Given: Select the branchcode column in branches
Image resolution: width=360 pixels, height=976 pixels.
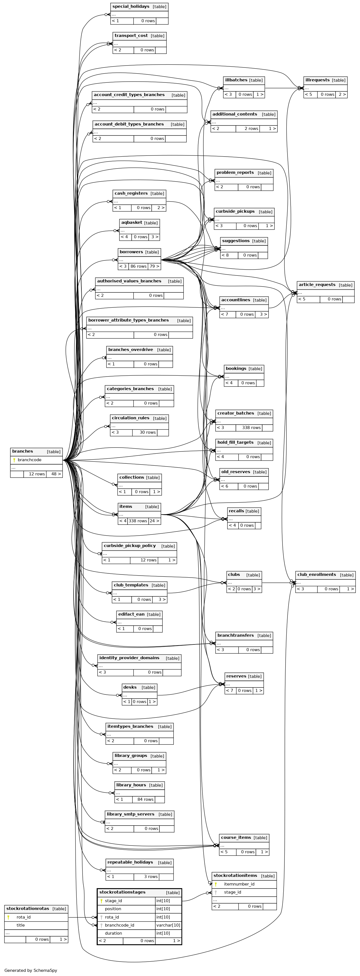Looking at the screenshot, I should [29, 460].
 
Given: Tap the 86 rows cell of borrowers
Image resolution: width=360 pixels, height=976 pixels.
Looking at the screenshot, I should [138, 266].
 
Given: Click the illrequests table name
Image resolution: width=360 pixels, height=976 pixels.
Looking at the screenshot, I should [317, 80].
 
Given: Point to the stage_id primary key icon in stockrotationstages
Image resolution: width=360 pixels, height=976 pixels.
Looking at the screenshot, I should [101, 901].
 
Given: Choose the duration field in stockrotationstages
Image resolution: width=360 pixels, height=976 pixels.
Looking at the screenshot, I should [113, 933].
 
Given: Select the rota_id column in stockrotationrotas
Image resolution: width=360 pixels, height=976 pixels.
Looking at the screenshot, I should [24, 917].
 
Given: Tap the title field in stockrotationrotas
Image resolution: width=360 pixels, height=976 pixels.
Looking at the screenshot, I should [21, 925].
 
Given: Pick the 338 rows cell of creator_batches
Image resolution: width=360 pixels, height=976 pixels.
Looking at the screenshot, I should [249, 428].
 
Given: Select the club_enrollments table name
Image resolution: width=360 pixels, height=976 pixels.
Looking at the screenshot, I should [316, 575].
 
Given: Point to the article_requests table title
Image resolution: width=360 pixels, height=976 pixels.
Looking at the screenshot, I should [317, 285].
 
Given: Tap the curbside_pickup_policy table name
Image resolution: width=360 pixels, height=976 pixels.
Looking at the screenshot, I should [129, 546].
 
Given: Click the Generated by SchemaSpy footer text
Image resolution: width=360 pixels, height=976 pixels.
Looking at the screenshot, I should [31, 970].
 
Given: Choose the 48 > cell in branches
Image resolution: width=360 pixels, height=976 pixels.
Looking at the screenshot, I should [54, 474].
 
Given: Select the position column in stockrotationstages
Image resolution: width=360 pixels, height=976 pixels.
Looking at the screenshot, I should [113, 909].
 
